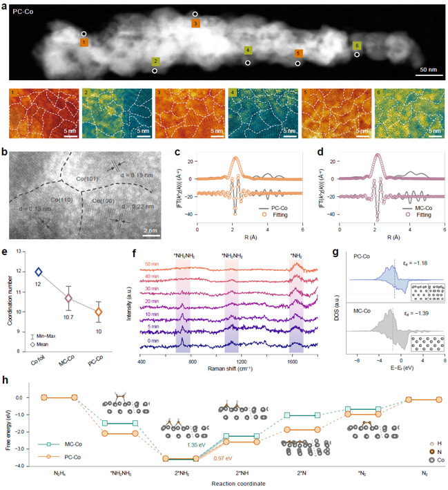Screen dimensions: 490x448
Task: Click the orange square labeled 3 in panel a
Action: point(195,23)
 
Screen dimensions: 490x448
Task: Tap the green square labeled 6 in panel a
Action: point(356,46)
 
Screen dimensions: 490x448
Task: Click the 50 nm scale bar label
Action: point(427,70)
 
